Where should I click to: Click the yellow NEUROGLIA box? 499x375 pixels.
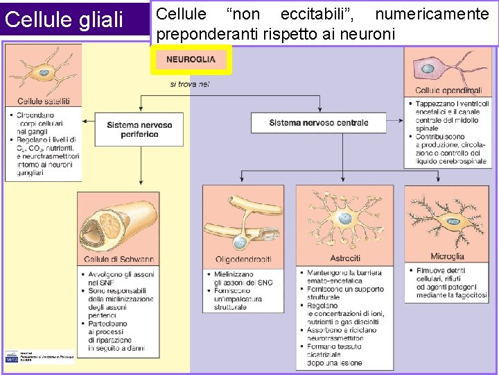(x=191, y=60)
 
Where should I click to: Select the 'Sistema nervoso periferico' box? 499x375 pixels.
(x=139, y=128)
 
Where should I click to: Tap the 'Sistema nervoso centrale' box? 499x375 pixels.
(x=319, y=123)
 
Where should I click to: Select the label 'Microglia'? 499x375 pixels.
(x=448, y=256)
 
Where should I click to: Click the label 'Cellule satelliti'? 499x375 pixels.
(x=44, y=101)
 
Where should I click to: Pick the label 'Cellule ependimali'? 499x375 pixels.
(x=448, y=91)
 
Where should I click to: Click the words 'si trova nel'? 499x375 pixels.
(x=189, y=85)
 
